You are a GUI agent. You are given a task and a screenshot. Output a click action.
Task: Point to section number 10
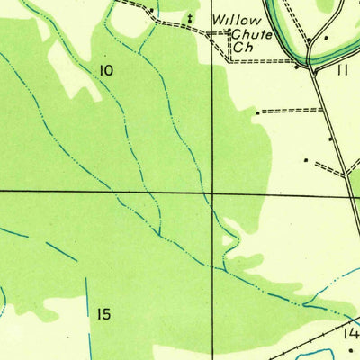(x=107, y=69)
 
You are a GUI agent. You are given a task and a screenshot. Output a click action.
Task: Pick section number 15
(x=103, y=314)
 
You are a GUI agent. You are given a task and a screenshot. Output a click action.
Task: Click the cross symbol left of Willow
(x=190, y=17)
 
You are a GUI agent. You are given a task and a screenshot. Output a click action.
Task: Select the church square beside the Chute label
(x=229, y=33)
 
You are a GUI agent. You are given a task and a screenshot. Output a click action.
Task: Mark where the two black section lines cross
(x=213, y=192)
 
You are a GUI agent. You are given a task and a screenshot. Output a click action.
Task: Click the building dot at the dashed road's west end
(x=258, y=112)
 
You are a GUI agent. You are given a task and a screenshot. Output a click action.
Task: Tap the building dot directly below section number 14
(x=351, y=350)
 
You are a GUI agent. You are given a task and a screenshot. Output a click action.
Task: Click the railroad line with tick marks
(x=306, y=346)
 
